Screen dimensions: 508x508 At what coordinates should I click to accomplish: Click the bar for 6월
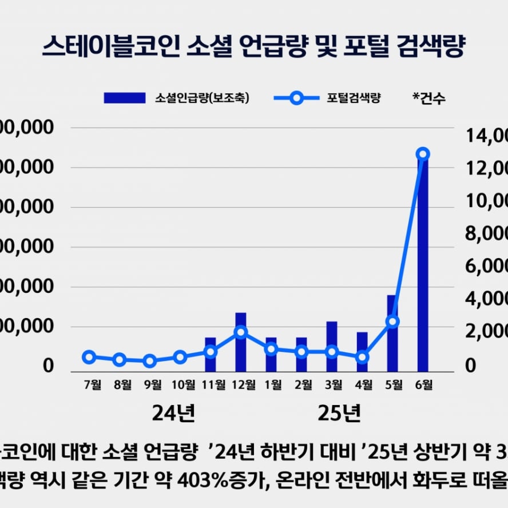click(423, 263)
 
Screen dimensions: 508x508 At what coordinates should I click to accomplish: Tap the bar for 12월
click(241, 342)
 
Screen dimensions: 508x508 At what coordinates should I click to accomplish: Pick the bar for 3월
click(332, 347)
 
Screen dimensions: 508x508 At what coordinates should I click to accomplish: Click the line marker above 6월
click(423, 154)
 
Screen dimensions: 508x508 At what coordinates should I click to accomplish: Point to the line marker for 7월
click(89, 357)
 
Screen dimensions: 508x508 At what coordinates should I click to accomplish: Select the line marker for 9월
click(150, 361)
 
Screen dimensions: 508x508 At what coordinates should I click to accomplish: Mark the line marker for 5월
click(392, 322)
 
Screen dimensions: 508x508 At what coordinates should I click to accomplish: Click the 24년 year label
click(174, 413)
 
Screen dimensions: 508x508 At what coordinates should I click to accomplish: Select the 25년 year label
click(339, 413)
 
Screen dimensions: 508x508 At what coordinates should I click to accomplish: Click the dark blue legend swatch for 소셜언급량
click(124, 98)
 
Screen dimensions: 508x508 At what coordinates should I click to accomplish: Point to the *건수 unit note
click(428, 98)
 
